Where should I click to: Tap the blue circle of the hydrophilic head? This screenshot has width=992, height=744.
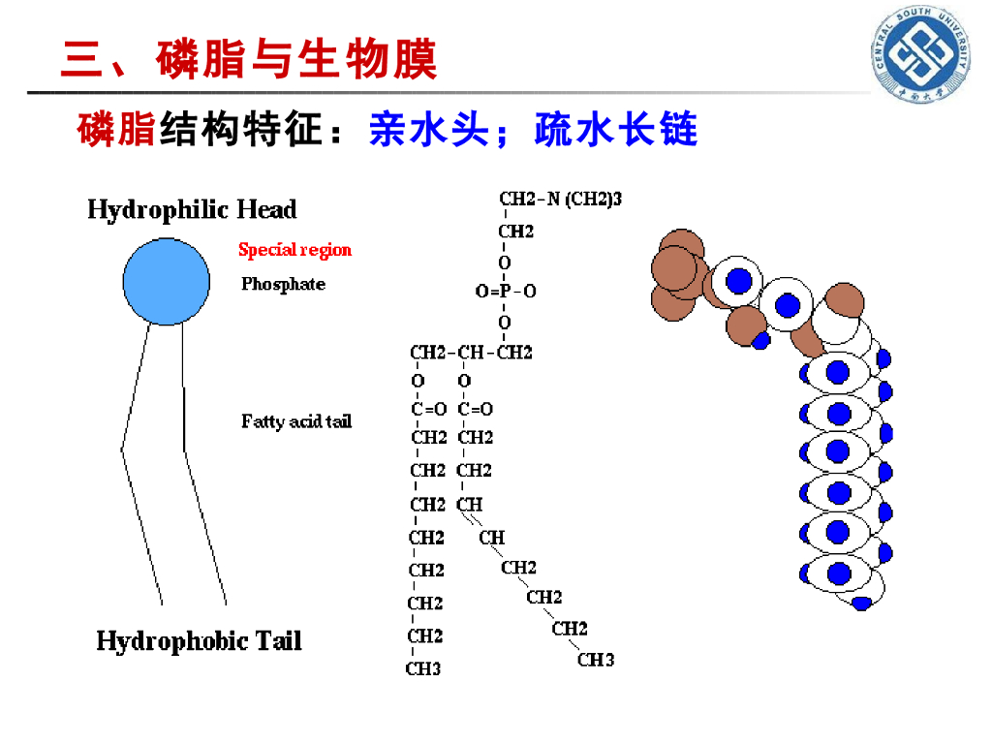(x=166, y=282)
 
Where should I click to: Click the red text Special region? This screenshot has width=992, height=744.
(x=295, y=250)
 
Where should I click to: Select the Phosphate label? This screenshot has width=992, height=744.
(x=283, y=284)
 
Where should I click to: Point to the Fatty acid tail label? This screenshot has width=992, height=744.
(x=296, y=421)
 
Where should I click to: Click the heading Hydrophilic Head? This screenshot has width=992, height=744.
(x=192, y=210)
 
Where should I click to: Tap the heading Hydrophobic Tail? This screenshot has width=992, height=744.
(x=199, y=641)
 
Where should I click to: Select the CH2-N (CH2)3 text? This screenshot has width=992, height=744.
(x=560, y=200)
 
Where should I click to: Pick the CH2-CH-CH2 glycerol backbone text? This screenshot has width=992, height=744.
(x=471, y=353)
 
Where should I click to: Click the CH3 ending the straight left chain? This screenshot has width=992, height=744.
(x=424, y=668)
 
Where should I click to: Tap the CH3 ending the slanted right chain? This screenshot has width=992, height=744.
(x=596, y=660)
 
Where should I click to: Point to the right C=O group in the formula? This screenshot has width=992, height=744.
(x=476, y=409)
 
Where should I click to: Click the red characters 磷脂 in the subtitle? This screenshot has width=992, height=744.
(x=116, y=130)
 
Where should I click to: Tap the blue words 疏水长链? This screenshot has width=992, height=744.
(x=616, y=130)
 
